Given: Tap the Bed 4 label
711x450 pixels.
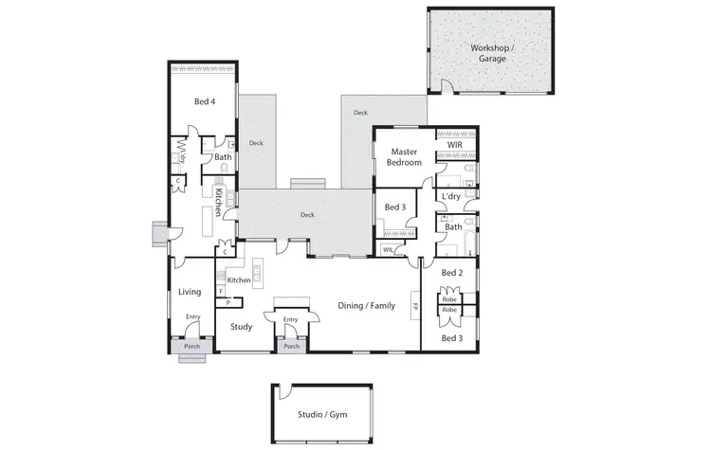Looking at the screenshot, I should click(x=204, y=101).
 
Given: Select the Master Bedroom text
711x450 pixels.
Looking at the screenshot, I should click(x=404, y=156).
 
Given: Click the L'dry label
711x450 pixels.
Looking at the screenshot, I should click(x=451, y=197).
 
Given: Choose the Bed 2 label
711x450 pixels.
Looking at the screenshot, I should click(x=451, y=273).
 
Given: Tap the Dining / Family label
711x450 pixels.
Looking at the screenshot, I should click(x=366, y=305).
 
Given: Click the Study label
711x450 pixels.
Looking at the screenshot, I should click(x=241, y=328).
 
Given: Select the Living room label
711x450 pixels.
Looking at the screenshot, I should click(x=190, y=292).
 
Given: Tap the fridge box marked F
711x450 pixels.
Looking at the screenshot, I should click(x=221, y=291).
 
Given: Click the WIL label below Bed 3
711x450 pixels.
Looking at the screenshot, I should click(x=388, y=250).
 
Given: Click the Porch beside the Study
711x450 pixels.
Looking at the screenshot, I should click(x=292, y=346).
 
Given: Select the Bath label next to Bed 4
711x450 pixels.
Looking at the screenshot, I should click(x=223, y=157).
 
